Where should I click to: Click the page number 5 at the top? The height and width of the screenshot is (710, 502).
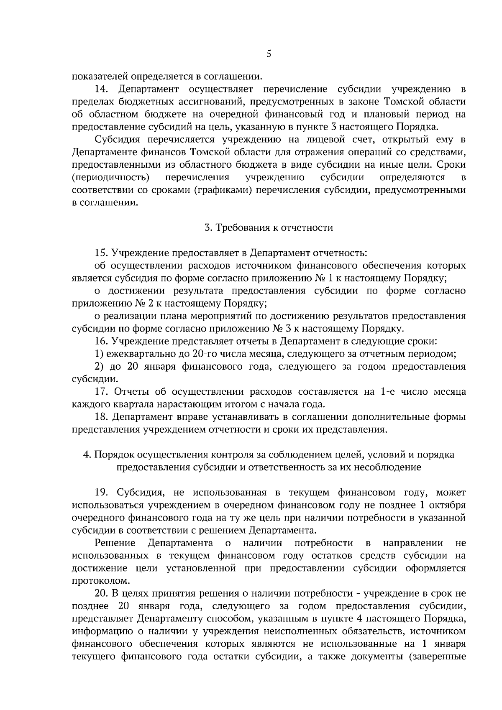click(x=269, y=54)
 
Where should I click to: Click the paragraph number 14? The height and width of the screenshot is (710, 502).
click(x=103, y=89)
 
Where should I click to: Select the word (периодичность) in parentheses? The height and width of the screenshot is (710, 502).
click(x=111, y=177)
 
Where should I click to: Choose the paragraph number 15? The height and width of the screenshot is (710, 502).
click(x=102, y=253)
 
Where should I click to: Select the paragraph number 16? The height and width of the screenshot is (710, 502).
click(x=102, y=341)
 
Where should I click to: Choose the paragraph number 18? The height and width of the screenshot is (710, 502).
click(x=102, y=417)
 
